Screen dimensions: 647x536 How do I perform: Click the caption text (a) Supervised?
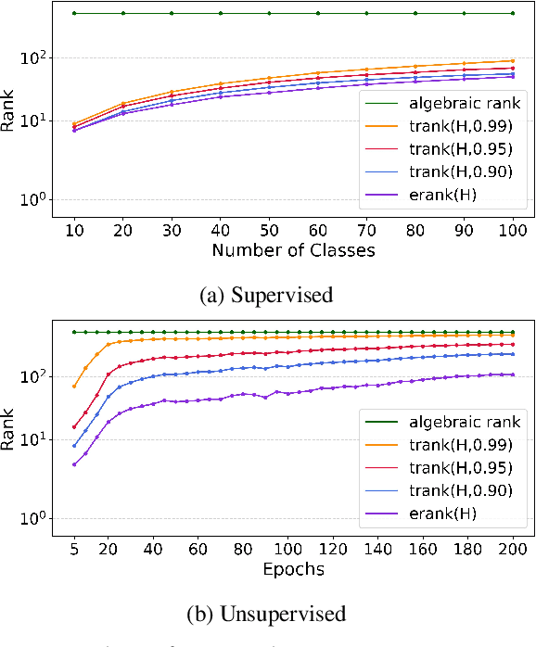point(267,296)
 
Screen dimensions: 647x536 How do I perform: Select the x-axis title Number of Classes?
point(291,250)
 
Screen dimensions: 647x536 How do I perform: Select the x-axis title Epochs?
point(291,569)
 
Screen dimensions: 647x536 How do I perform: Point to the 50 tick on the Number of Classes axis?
point(269,229)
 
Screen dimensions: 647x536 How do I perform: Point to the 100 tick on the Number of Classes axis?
point(512,229)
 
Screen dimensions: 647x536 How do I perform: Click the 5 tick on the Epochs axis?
point(74,548)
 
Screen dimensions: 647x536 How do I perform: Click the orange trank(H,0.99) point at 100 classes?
point(512,60)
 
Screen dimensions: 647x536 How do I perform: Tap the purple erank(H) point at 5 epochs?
point(74,464)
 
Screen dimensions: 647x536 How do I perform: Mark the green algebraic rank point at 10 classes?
point(74,13)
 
